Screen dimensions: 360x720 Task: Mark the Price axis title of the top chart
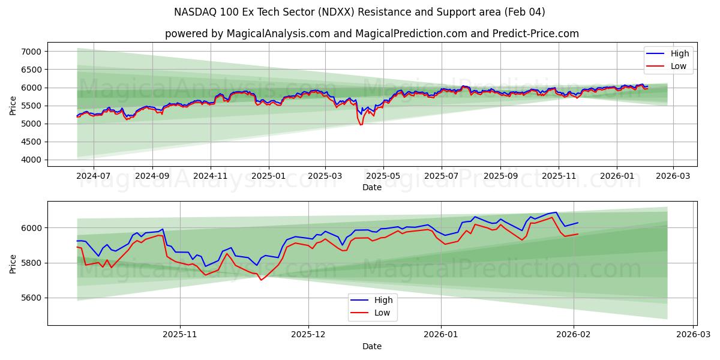click(x=13, y=105)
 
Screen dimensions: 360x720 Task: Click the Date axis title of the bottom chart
click(x=371, y=347)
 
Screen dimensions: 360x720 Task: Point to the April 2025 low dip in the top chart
click(x=361, y=124)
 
